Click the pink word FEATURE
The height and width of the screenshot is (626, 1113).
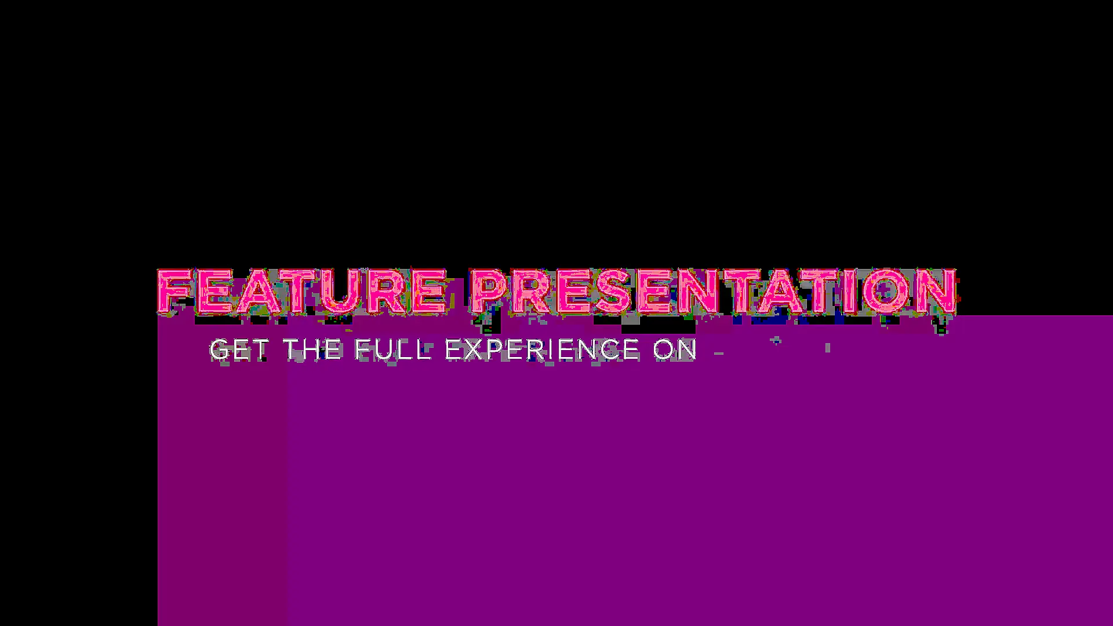coord(302,292)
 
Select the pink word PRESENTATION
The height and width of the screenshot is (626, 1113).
coord(714,292)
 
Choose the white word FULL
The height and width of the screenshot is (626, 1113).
coord(393,350)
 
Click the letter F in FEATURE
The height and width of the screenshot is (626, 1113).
coord(175,292)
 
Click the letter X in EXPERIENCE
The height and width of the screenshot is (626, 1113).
coord(472,350)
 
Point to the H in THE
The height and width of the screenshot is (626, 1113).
coord(312,350)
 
